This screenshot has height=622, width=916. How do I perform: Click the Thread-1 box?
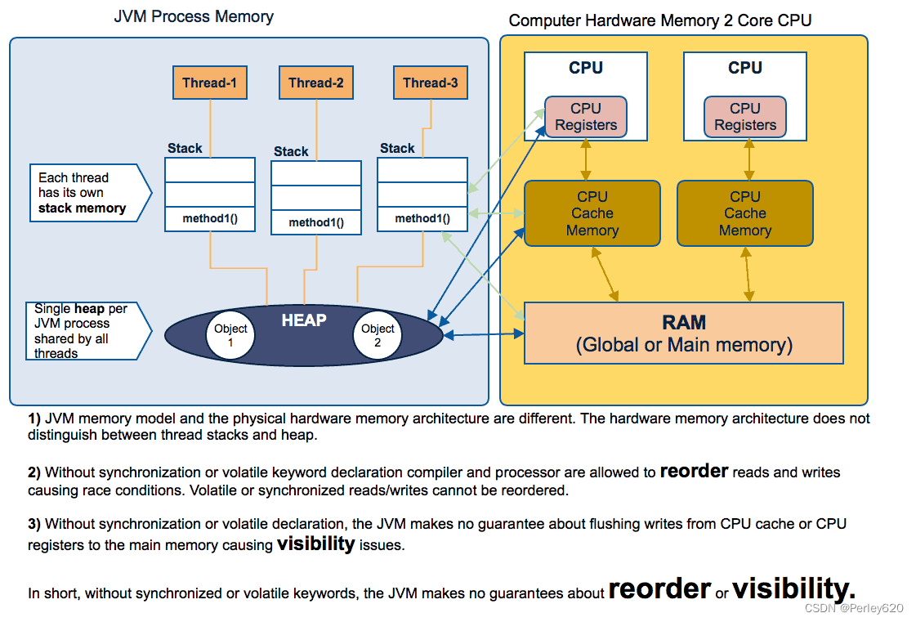click(209, 83)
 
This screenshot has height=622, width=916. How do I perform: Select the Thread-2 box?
click(315, 83)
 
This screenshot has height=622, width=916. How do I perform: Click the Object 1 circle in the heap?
click(230, 335)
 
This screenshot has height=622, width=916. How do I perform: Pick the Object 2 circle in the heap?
click(378, 335)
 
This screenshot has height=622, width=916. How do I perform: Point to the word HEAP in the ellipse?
click(304, 321)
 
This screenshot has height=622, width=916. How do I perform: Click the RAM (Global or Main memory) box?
click(683, 333)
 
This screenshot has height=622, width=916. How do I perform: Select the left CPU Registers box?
click(586, 117)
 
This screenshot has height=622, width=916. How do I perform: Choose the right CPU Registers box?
click(744, 117)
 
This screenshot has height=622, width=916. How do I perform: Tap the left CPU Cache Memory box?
click(592, 213)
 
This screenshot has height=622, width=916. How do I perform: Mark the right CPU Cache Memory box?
click(744, 213)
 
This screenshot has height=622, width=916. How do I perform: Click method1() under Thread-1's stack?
click(209, 219)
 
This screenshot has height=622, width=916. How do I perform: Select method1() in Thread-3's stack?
click(422, 219)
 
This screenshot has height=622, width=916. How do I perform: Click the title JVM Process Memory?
click(194, 16)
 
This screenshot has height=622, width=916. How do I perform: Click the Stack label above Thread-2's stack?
click(291, 151)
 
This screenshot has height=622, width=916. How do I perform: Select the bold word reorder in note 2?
click(694, 472)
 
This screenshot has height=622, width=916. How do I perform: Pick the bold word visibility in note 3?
click(315, 544)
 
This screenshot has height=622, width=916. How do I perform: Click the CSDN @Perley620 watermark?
click(853, 609)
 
